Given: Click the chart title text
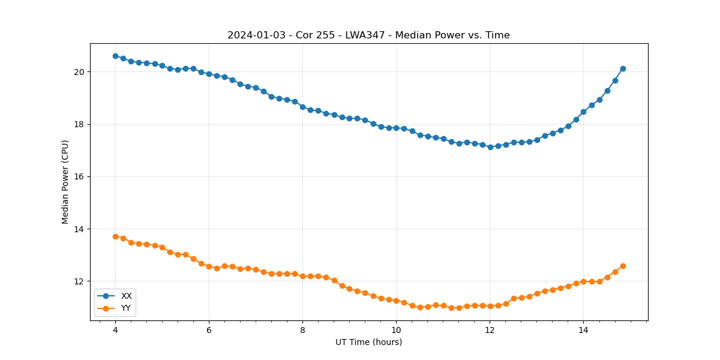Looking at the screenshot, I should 368,35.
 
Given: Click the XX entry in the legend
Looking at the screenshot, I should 126,296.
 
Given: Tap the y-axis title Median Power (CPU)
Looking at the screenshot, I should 65,182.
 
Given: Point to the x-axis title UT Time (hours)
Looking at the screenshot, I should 368,342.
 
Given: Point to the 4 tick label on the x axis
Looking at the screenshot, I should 115,330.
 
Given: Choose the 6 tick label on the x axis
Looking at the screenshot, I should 209,330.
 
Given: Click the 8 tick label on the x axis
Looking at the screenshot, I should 302,330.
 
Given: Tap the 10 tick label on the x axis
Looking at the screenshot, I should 396,330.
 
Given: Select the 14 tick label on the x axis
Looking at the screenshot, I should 583,330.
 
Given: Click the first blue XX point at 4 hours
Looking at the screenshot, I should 115,56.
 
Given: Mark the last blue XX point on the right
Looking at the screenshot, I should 623,68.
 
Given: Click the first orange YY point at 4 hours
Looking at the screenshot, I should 115,236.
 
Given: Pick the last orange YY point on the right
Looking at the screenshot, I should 623,266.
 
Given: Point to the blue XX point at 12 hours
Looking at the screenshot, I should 490,147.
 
